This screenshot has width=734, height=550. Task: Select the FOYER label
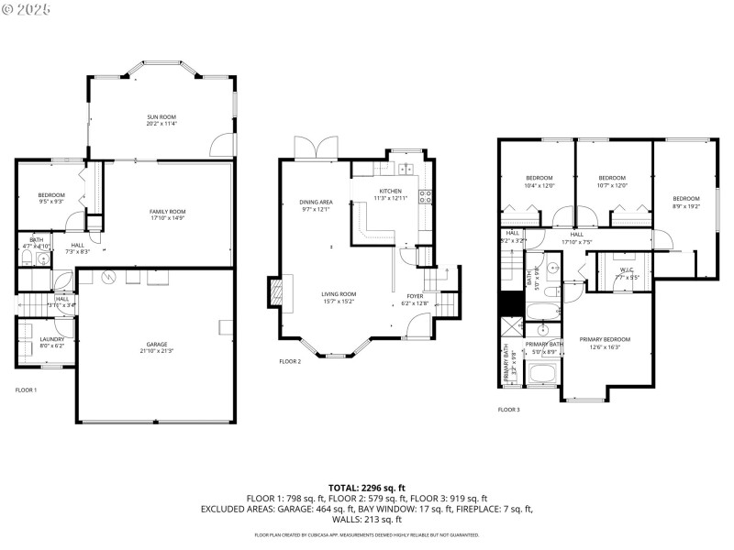[x=415, y=297]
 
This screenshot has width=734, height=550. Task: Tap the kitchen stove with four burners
[x=425, y=194]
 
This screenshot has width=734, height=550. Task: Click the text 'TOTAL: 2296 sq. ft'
[x=367, y=488]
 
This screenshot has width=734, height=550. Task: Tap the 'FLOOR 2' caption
[x=290, y=362]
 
